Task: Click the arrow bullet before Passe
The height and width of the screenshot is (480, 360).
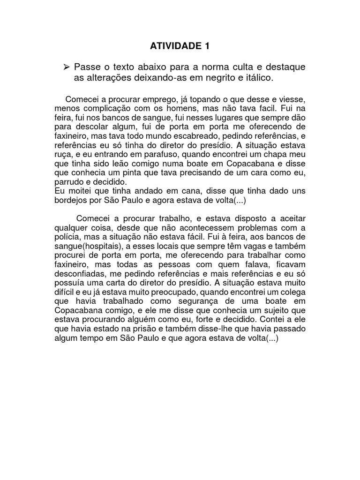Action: tap(66, 67)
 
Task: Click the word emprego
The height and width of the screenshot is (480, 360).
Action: tap(158, 100)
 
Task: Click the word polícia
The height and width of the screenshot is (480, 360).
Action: tap(69, 237)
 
